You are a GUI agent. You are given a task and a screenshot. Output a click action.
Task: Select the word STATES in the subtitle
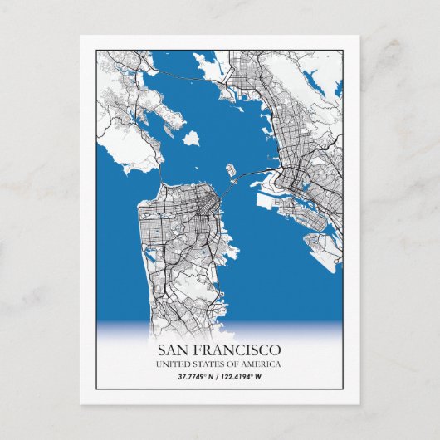pos(208,364)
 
